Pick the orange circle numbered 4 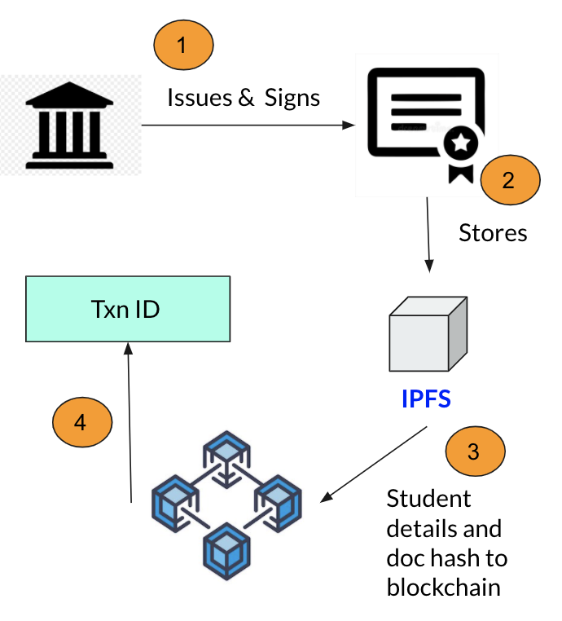[x=81, y=422]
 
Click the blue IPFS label [x=426, y=400]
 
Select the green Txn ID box [x=127, y=309]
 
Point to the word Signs [x=292, y=99]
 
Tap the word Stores [x=493, y=233]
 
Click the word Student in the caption [x=428, y=498]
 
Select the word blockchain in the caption [x=444, y=588]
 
